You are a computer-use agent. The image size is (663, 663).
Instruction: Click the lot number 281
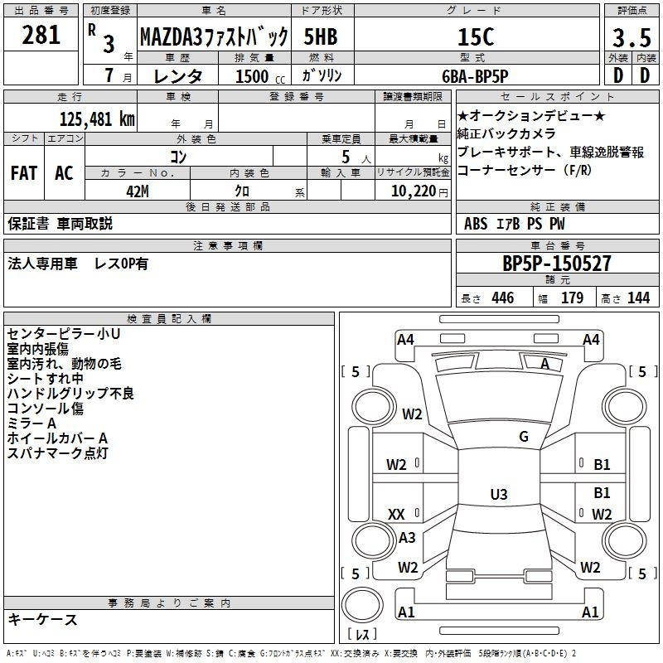coord(41,35)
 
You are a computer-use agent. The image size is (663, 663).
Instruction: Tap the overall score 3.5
coord(632,37)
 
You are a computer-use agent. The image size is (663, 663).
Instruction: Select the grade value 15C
coord(476,36)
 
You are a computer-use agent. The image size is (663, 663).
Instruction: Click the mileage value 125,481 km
coord(97,119)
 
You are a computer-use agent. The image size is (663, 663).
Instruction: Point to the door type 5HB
coord(321,36)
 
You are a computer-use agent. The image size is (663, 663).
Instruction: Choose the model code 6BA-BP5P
coord(475,76)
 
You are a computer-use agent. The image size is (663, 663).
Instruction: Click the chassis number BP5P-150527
coord(557,263)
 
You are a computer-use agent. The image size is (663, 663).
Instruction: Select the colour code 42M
coord(138,191)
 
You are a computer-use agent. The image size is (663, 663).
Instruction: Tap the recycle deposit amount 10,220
coord(414,191)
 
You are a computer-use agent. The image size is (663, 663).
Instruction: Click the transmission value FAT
coord(24,173)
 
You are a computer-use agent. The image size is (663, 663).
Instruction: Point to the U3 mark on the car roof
coord(499,494)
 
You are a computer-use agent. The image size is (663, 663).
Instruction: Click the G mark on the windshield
coord(524,436)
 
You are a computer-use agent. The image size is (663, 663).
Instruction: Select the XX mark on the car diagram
coord(396,514)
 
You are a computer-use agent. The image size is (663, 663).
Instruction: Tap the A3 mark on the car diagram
coord(407,537)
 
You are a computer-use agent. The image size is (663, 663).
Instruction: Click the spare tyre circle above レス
coord(362,605)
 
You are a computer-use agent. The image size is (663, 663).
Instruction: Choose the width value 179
coord(572,298)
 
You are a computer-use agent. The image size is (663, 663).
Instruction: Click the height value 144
coord(638,298)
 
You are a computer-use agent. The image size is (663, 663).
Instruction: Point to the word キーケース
coord(43,620)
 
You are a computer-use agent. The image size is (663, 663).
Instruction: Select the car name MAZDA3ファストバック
coord(214,36)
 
